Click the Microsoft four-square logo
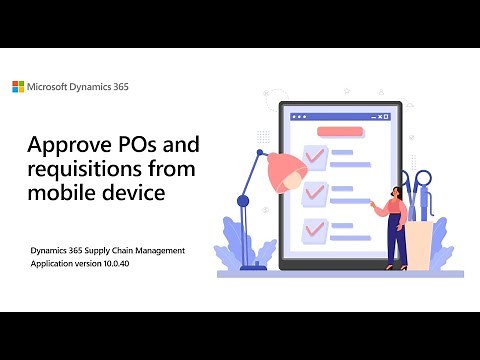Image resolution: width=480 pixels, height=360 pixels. (18, 87)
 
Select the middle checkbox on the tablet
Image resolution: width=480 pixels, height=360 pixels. (314, 191)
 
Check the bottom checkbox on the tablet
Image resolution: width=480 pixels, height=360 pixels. (314, 227)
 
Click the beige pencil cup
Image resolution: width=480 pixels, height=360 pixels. (421, 240)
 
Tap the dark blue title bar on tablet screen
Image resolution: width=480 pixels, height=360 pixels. (337, 117)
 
